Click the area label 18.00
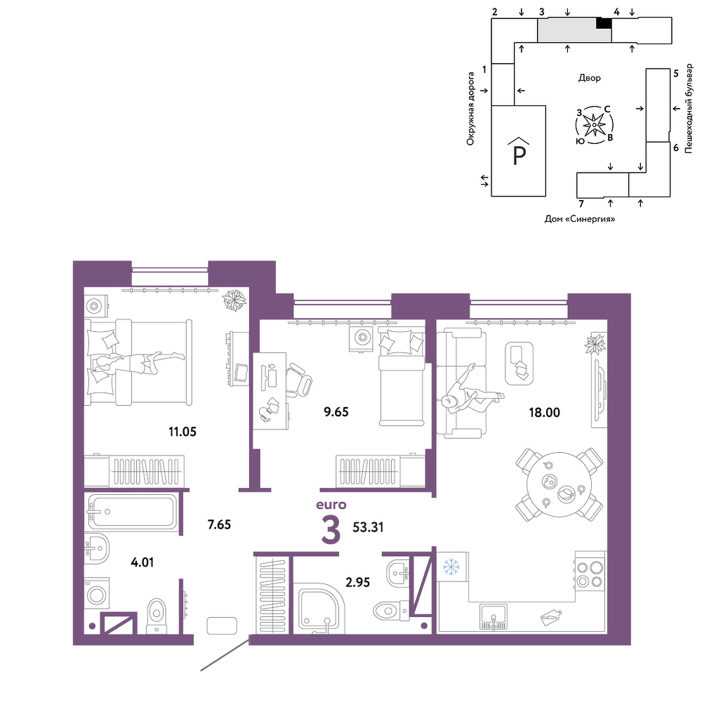545,412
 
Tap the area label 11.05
183,432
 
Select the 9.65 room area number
336,412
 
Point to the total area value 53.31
368,527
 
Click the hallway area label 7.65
219,524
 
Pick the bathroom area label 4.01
143,562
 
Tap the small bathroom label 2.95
358,583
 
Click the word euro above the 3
331,505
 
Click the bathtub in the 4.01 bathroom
133,512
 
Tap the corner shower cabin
318,608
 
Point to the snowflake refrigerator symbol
451,568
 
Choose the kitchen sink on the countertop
494,616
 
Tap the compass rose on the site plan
594,125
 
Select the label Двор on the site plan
589,78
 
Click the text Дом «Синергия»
580,219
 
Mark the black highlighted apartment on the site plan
604,24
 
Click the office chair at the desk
298,380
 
